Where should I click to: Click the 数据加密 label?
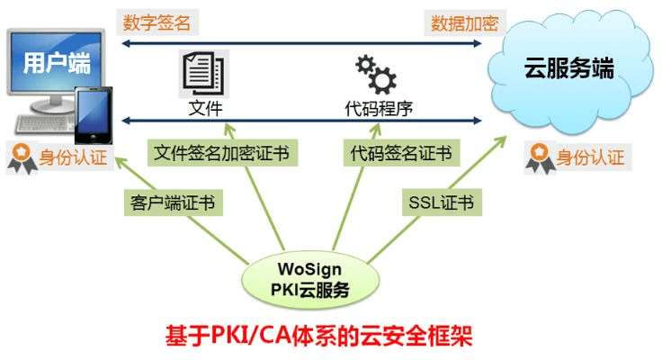[x=464, y=22]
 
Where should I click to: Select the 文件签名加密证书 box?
[x=221, y=151]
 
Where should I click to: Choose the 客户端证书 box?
[x=172, y=202]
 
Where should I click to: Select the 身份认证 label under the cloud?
[x=589, y=159]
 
